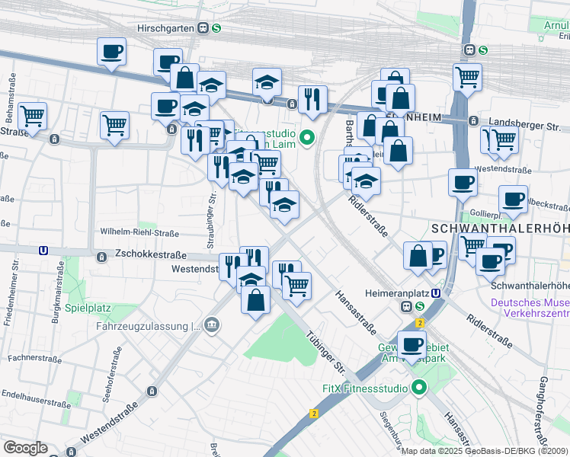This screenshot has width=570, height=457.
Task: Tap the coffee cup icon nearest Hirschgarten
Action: click(x=111, y=52)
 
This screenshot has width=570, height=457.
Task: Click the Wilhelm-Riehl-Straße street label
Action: click(x=139, y=232)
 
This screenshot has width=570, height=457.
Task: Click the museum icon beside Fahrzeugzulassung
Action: click(x=212, y=326)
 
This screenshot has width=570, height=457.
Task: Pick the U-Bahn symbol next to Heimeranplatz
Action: click(x=436, y=292)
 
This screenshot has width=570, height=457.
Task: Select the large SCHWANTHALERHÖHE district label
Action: click(x=499, y=228)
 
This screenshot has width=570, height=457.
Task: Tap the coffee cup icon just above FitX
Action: click(x=411, y=344)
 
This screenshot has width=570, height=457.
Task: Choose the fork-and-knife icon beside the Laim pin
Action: click(x=312, y=99)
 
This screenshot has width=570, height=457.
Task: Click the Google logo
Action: click(x=25, y=448)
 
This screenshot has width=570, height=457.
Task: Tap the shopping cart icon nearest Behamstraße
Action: click(x=32, y=117)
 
